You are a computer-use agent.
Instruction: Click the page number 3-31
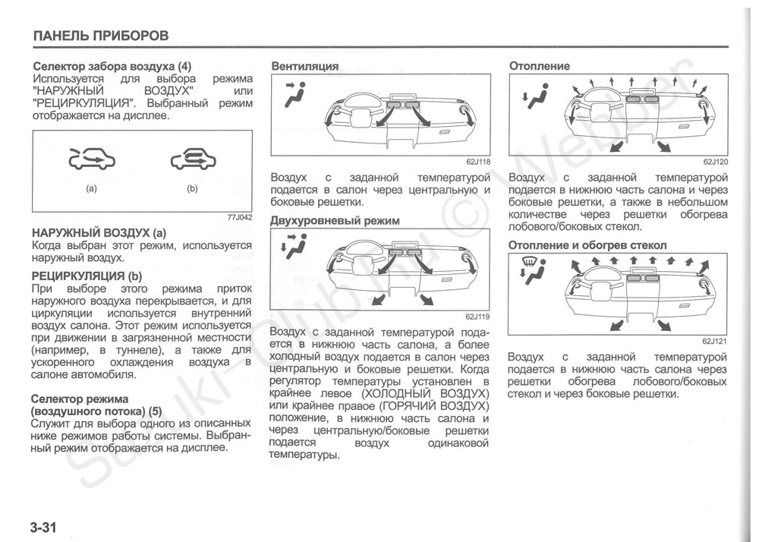coord(44,527)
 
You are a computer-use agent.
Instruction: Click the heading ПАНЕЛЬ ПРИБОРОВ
coord(100,36)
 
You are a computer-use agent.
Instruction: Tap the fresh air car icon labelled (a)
coord(91,160)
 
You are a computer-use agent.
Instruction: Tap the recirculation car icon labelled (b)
coord(193,159)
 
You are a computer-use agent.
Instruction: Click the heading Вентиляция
coord(305,67)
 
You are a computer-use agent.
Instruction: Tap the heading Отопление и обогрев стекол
coord(587,246)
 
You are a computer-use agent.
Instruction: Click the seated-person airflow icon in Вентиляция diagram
coord(294,94)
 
